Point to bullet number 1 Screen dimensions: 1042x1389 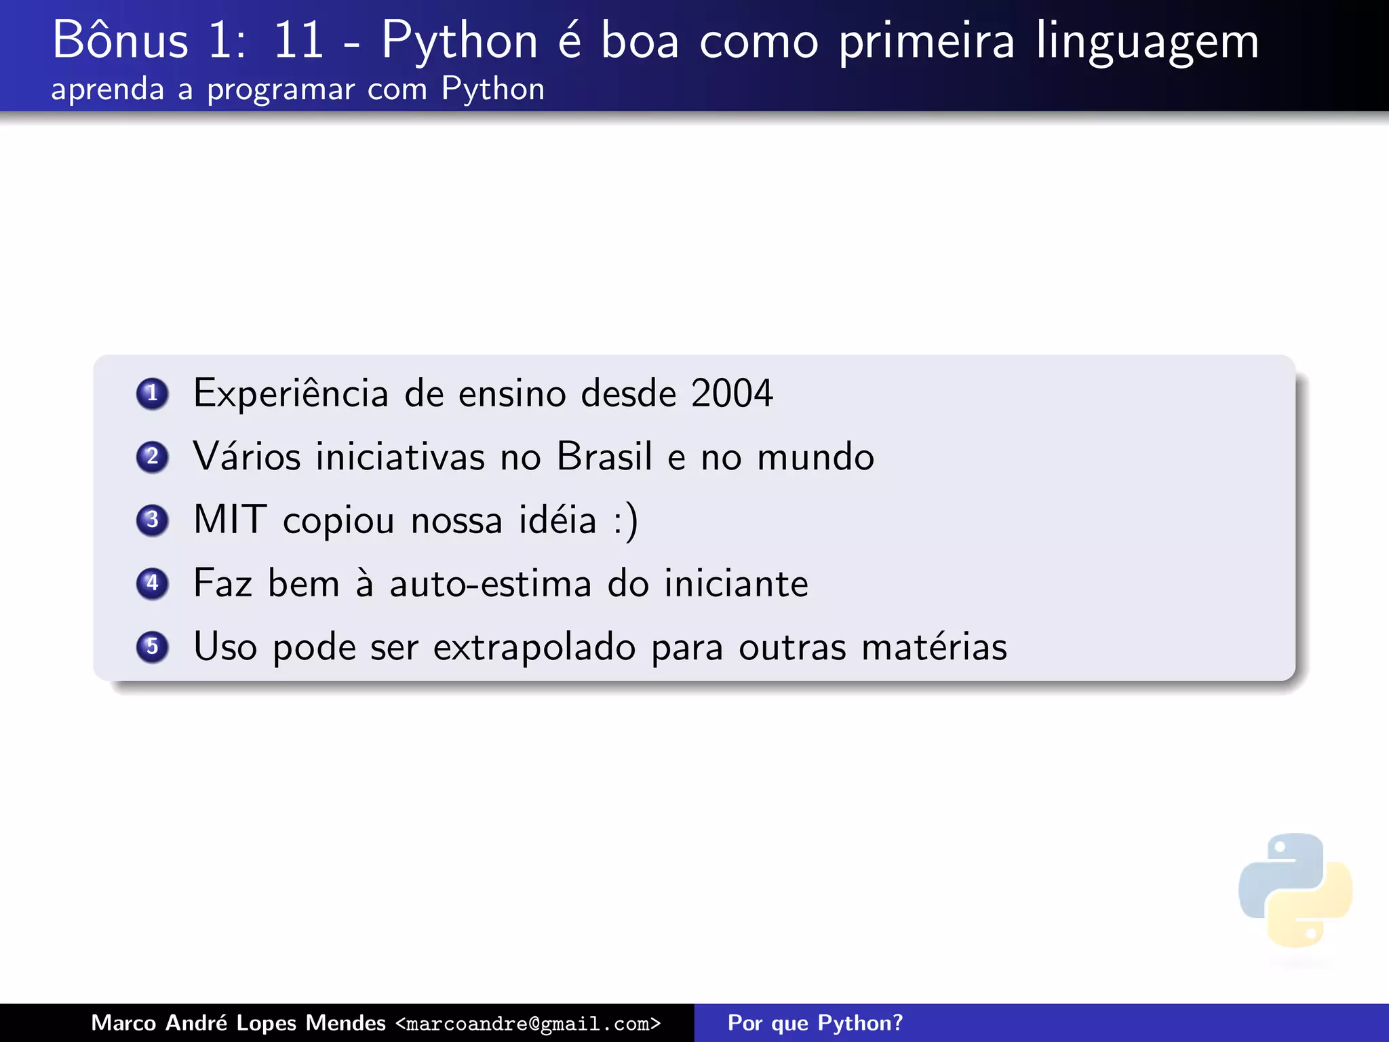pyautogui.click(x=152, y=393)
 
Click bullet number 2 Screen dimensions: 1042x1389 pyautogui.click(x=152, y=457)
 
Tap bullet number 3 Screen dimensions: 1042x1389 pyautogui.click(x=152, y=520)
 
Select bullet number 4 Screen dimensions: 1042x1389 pyautogui.click(x=152, y=583)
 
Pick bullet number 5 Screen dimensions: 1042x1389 pyautogui.click(x=152, y=647)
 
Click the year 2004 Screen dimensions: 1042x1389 pyautogui.click(x=732, y=393)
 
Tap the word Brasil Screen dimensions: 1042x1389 pyautogui.click(x=604, y=457)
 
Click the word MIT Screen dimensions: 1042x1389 pyautogui.click(x=230, y=520)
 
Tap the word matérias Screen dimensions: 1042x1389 pyautogui.click(x=934, y=647)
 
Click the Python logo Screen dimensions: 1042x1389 pyautogui.click(x=1295, y=890)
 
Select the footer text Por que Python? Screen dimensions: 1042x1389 pyautogui.click(x=815, y=1023)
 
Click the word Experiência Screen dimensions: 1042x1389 pyautogui.click(x=291, y=394)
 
